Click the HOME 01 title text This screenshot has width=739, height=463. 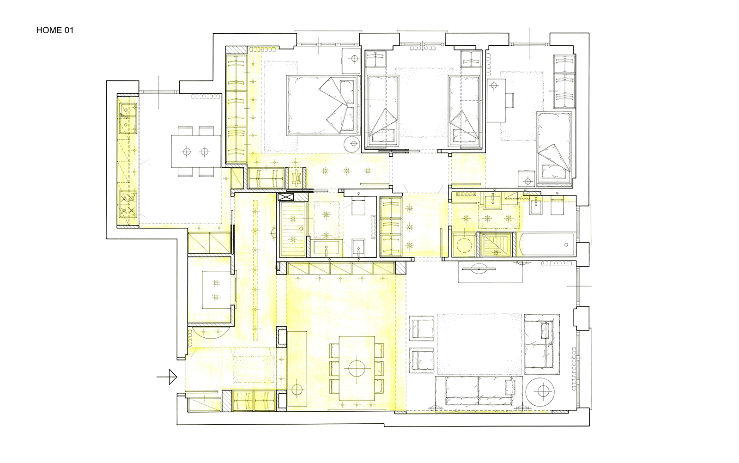tap(55, 30)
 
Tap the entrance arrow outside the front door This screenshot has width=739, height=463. tap(167, 377)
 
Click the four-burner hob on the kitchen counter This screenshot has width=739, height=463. tap(127, 205)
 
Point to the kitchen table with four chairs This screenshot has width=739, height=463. tap(196, 152)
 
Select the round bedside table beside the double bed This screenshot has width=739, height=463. tap(352, 144)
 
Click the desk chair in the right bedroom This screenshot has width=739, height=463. tap(510, 101)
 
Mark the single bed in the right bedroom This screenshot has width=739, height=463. tap(554, 147)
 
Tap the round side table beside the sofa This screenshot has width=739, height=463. tap(540, 391)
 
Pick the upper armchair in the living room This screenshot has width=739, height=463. tap(422, 328)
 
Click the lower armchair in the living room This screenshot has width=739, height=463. tap(422, 359)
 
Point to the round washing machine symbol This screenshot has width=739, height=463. tap(464, 245)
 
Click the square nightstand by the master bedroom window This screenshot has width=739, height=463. tap(351, 61)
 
